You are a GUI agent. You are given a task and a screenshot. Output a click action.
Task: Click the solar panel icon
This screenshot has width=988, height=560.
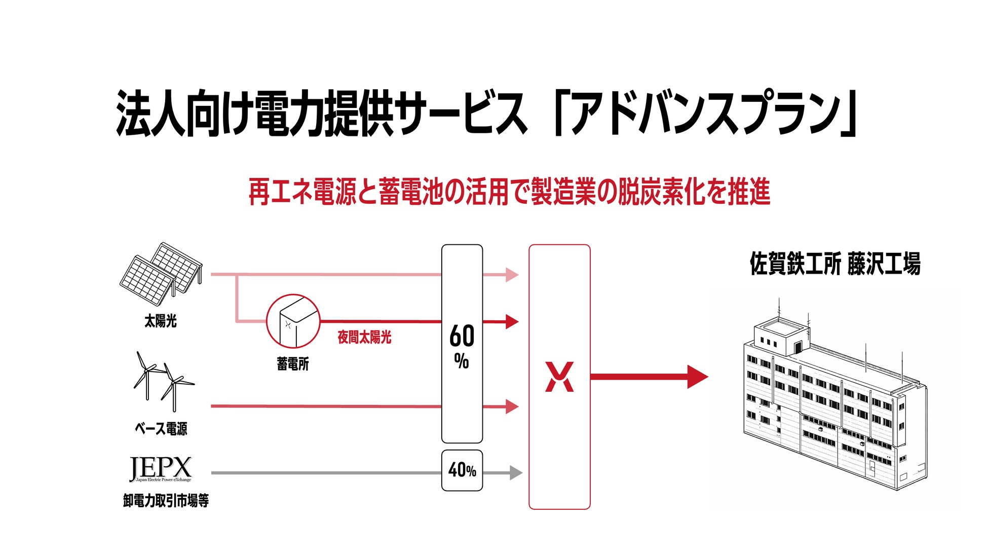[161, 270]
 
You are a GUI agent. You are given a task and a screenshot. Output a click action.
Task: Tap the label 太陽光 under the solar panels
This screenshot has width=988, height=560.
[161, 321]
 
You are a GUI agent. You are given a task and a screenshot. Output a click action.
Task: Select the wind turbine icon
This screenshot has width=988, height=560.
[162, 381]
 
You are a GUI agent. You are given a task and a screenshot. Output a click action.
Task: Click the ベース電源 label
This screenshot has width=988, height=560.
[161, 429]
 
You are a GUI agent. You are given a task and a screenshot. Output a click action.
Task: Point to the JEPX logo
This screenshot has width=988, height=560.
[161, 469]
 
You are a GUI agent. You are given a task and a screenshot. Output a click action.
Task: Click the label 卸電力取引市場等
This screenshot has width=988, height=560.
[166, 501]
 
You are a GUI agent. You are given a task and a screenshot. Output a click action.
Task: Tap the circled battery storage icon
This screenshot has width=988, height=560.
[293, 321]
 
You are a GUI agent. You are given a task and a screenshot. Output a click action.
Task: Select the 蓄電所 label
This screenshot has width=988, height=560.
[293, 364]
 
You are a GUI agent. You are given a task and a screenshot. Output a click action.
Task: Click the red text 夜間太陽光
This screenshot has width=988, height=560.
[364, 338]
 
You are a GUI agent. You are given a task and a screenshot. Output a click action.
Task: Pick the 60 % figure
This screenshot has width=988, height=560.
[462, 345]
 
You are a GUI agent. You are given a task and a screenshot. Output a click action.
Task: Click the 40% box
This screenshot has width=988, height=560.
[462, 470]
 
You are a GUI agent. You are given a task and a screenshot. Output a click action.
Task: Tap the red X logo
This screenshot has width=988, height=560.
[559, 377]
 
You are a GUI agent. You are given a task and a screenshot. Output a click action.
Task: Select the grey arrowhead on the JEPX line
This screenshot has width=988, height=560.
[515, 473]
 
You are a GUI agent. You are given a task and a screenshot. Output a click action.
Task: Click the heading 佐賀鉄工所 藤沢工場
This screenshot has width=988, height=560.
[835, 264]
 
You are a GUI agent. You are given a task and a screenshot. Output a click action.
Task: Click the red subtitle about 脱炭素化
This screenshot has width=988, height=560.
[509, 193]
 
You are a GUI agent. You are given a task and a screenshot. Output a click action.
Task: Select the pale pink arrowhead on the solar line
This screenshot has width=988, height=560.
[512, 275]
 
